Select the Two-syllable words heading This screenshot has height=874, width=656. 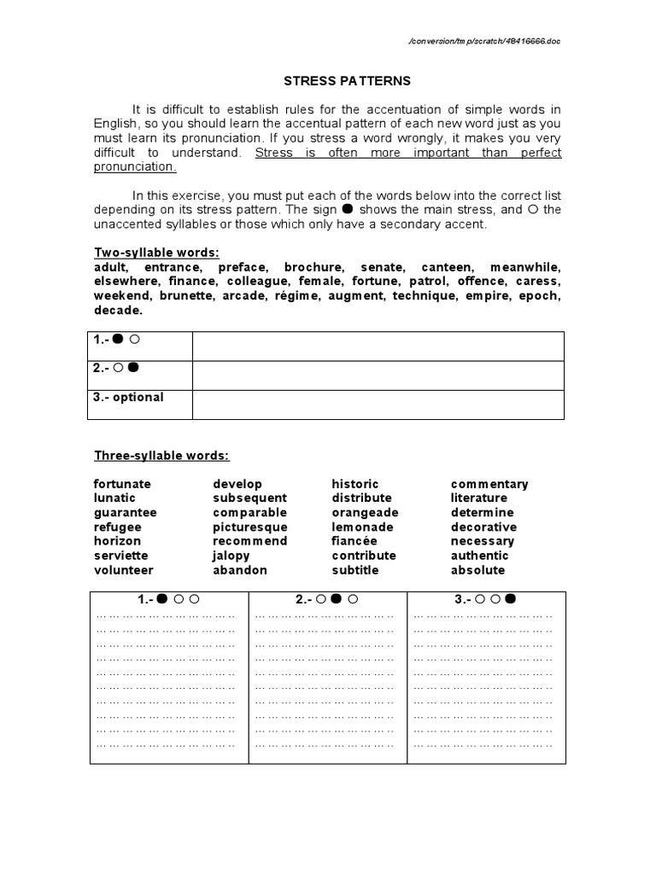point(156,252)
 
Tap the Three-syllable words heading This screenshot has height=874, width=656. point(161,456)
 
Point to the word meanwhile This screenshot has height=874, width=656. point(526,267)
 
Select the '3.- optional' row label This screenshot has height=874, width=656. point(128,398)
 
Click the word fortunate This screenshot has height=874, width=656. point(122,484)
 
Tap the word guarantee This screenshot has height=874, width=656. point(125,513)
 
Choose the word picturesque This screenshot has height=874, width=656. point(250,527)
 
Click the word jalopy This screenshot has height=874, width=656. point(231,556)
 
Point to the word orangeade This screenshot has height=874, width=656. point(365,513)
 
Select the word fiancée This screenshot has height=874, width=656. point(354,541)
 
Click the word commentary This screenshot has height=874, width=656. point(489,484)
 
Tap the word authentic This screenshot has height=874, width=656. point(479,556)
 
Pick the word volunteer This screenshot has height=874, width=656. point(123,570)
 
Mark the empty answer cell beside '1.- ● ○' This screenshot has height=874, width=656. point(378,347)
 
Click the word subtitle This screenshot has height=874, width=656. point(354,570)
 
